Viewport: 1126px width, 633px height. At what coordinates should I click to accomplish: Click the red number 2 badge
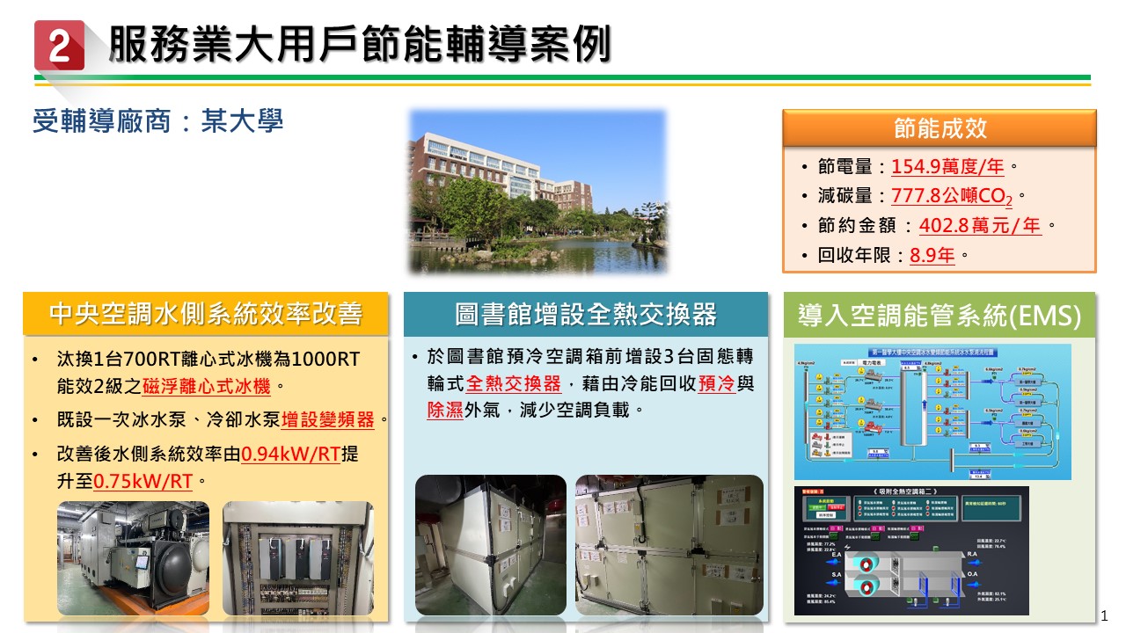[59, 46]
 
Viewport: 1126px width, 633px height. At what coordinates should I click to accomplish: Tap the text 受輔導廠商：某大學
[157, 120]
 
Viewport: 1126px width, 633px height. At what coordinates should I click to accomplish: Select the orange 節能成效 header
[939, 128]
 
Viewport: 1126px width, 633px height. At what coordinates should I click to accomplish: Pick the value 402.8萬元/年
[980, 226]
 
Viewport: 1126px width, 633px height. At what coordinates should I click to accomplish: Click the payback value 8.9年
[932, 256]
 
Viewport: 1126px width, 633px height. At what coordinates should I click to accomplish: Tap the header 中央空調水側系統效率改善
[206, 314]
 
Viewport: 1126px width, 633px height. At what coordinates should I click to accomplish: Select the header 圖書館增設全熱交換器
[585, 314]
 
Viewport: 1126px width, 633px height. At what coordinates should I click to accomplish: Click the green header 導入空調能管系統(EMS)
[939, 315]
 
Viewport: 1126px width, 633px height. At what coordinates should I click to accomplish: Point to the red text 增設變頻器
[328, 419]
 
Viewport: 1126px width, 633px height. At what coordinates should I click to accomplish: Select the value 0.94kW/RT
[290, 455]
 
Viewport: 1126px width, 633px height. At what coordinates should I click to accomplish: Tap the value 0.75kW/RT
[143, 481]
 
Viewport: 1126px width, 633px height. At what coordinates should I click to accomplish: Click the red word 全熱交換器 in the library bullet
[513, 384]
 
